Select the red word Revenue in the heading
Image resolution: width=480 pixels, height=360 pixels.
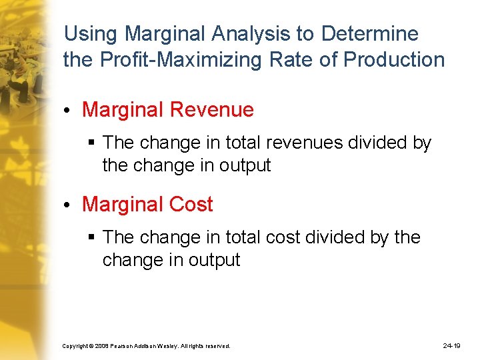click(x=215, y=110)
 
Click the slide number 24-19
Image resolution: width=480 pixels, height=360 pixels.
click(x=451, y=346)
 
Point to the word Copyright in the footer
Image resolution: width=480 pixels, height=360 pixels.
click(x=76, y=347)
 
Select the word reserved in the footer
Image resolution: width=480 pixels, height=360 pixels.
click(x=217, y=347)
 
